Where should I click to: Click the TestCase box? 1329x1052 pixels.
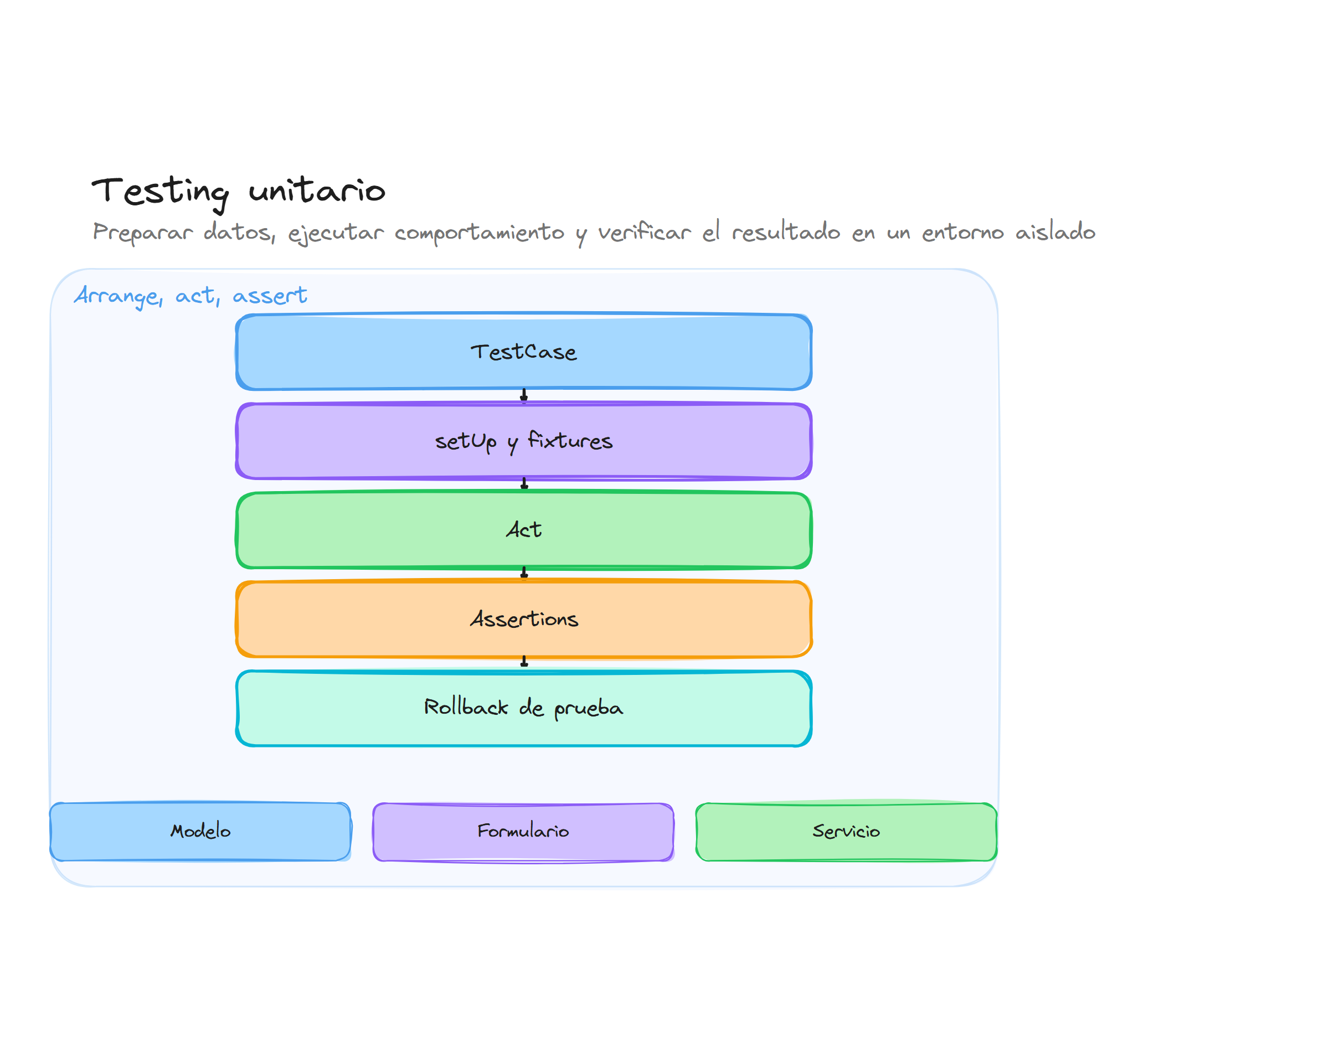point(523,352)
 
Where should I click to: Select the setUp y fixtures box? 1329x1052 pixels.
point(523,441)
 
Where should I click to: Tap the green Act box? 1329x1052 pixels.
point(523,530)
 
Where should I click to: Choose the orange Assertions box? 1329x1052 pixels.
point(523,619)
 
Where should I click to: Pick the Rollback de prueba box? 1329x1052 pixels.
point(523,708)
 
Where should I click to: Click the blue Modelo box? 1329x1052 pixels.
point(200,832)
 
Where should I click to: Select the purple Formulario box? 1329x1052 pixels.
point(523,832)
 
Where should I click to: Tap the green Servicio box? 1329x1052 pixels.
point(846,832)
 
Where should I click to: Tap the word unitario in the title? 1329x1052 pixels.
point(317,190)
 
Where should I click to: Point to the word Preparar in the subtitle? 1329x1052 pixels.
point(142,233)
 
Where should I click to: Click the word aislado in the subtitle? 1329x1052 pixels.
point(1055,232)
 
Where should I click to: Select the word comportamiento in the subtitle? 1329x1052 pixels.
point(479,233)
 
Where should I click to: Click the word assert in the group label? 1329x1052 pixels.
point(270,296)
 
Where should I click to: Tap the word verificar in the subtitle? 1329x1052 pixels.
point(644,232)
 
